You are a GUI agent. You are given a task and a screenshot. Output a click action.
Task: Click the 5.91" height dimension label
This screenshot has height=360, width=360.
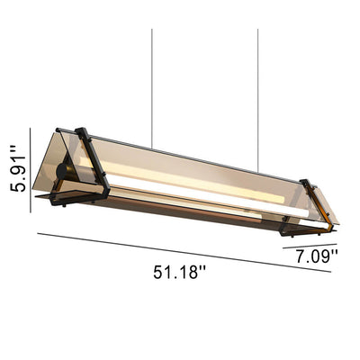coord(18,168)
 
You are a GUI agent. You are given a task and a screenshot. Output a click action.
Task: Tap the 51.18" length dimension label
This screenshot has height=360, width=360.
coord(180,273)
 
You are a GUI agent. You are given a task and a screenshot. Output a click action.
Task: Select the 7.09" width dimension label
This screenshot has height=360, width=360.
coord(317,256)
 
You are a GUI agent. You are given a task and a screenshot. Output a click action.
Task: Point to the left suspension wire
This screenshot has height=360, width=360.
coord(152,88)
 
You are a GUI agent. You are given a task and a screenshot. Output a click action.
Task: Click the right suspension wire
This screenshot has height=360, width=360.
coord(257,101)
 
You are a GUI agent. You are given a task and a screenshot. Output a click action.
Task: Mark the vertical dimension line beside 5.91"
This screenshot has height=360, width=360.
coord(31,170)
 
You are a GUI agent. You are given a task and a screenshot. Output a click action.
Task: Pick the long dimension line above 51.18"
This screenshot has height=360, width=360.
coord(184,253)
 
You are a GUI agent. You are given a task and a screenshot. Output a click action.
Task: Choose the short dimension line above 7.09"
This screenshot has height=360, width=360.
coord(310,246)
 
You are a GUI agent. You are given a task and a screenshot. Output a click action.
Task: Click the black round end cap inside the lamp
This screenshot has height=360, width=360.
coord(63,171)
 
